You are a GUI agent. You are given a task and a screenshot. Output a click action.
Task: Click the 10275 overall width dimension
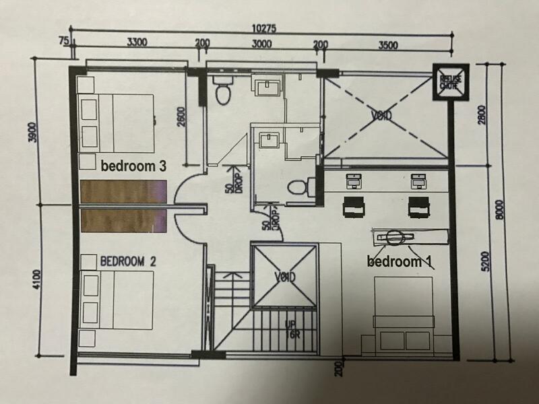pyautogui.click(x=259, y=30)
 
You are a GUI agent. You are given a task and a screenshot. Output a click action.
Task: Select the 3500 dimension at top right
pyautogui.click(x=389, y=46)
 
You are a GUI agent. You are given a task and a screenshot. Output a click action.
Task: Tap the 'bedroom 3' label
pyautogui.click(x=133, y=166)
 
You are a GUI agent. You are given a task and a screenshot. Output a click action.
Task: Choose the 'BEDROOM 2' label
pyautogui.click(x=128, y=261)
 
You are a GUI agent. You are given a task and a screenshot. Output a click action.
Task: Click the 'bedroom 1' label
pyautogui.click(x=399, y=261)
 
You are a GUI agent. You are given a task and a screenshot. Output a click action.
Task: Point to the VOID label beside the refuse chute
pyautogui.click(x=381, y=115)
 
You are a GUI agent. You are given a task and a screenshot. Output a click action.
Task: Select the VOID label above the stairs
pyautogui.click(x=285, y=277)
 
